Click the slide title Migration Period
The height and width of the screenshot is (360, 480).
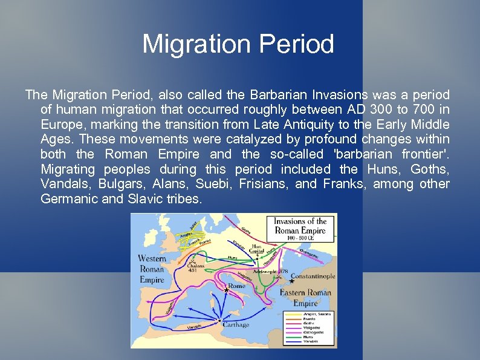click(x=238, y=44)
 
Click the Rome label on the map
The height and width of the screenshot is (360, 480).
click(x=236, y=286)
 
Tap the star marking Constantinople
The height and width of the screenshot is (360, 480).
click(x=292, y=281)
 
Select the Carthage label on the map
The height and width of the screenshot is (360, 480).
click(x=236, y=324)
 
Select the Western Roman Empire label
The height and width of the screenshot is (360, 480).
click(x=152, y=269)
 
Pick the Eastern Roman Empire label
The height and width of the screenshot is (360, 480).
click(x=305, y=298)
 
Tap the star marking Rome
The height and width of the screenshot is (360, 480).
click(x=226, y=290)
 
